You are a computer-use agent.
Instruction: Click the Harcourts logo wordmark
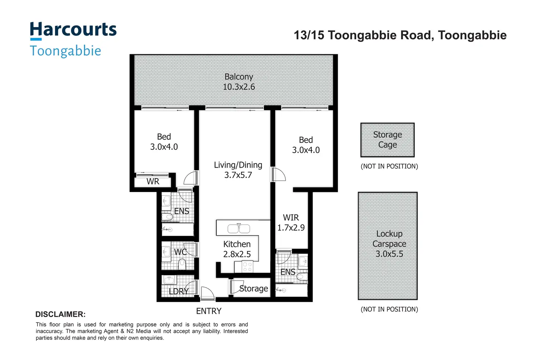pyautogui.click(x=73, y=30)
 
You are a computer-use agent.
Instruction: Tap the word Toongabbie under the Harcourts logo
pyautogui.click(x=65, y=51)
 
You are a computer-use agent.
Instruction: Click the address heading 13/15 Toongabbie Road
pyautogui.click(x=400, y=35)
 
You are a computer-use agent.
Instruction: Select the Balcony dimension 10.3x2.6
pyautogui.click(x=239, y=87)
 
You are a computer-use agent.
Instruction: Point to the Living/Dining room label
pyautogui.click(x=238, y=165)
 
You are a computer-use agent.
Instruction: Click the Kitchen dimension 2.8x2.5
pyautogui.click(x=237, y=254)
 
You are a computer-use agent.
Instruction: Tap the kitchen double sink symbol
pyautogui.click(x=238, y=229)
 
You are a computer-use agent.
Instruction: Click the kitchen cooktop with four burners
pyautogui.click(x=248, y=267)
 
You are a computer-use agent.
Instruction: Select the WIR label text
pyautogui.click(x=291, y=218)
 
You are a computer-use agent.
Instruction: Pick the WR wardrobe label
pyautogui.click(x=153, y=182)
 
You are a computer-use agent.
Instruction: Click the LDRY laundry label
pyautogui.click(x=179, y=291)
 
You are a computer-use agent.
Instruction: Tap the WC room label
pyautogui.click(x=180, y=252)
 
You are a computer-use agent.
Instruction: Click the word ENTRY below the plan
pyautogui.click(x=209, y=311)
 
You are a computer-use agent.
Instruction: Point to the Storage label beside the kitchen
pyautogui.click(x=253, y=289)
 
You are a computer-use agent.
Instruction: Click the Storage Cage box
pyautogui.click(x=387, y=140)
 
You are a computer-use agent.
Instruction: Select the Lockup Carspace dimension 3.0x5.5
pyautogui.click(x=389, y=254)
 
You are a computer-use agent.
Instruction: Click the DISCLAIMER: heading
pyautogui.click(x=60, y=314)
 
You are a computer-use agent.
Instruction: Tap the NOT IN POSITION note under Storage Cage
pyautogui.click(x=389, y=166)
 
